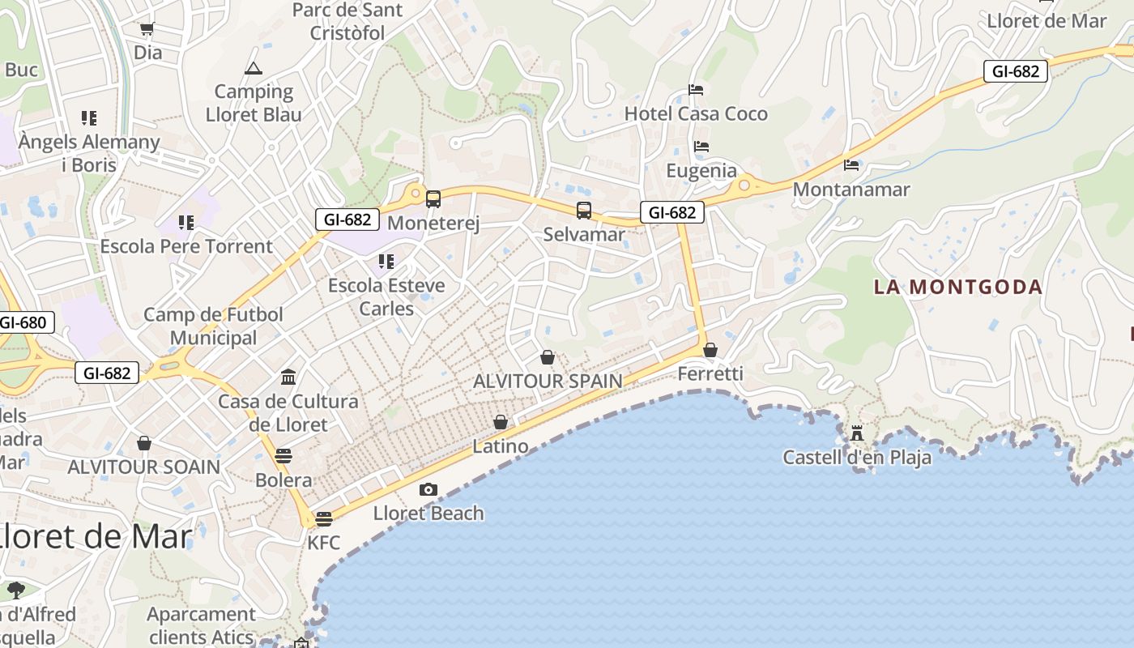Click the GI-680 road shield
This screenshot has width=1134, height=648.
[23, 322]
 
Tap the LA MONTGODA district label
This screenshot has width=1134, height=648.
[957, 287]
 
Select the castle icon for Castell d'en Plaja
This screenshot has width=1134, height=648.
[857, 433]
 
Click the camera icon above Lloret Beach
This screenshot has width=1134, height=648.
[428, 489]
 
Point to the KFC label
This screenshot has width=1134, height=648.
[323, 543]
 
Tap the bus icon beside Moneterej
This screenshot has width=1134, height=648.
[433, 199]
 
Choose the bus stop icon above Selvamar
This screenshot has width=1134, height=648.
[584, 211]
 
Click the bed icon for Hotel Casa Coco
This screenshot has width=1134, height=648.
[696, 90]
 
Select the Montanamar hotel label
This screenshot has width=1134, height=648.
[851, 190]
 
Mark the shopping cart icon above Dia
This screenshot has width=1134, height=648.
[147, 29]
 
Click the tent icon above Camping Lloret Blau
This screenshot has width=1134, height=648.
[254, 69]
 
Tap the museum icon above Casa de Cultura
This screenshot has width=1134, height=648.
[288, 377]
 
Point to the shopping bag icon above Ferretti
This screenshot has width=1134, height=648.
[710, 350]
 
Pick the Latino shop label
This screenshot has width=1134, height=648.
[501, 446]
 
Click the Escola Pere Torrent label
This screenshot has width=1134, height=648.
[186, 246]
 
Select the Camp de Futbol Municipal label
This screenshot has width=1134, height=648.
[213, 326]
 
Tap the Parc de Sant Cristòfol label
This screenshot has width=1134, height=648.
[347, 22]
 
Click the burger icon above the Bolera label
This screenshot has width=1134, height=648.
[283, 456]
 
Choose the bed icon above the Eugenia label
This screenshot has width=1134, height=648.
[701, 147]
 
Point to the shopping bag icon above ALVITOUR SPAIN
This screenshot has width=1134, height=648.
[548, 357]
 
